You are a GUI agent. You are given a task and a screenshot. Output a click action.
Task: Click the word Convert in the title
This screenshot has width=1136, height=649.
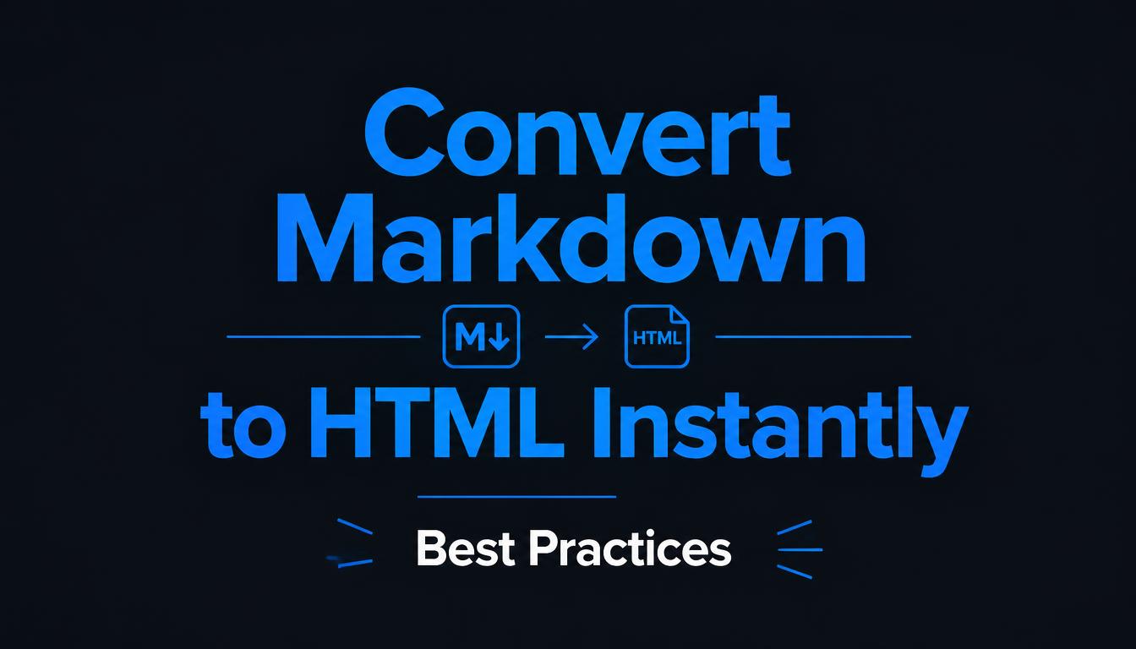[577, 133]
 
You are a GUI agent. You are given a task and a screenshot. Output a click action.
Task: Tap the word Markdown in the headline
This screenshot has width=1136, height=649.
[571, 238]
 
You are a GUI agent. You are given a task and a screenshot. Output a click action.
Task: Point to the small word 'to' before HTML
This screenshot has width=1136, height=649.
[244, 429]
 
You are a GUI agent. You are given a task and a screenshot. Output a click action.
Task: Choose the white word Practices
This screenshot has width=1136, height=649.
[630, 548]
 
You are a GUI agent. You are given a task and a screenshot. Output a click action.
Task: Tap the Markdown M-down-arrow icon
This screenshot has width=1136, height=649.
[481, 336]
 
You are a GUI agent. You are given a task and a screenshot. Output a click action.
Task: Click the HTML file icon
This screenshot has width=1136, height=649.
[657, 336]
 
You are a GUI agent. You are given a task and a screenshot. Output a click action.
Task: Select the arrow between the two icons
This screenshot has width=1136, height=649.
[571, 336]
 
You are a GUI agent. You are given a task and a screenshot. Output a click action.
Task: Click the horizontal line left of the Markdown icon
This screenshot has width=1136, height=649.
[324, 336]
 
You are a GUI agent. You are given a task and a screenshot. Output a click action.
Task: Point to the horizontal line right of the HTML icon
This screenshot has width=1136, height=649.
[813, 336]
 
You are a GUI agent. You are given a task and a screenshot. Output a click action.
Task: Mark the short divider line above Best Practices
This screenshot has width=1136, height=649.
[516, 497]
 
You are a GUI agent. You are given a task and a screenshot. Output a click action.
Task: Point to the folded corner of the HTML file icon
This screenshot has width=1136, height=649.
[680, 314]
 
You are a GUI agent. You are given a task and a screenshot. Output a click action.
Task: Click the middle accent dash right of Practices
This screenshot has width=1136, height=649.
[800, 549]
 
